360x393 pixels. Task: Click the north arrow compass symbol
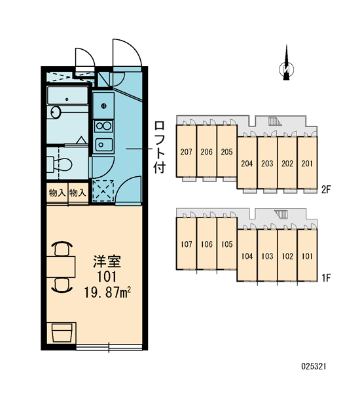(286, 67)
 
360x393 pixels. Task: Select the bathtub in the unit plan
(67, 96)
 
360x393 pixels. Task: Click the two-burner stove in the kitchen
(103, 126)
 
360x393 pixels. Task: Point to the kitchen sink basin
(103, 145)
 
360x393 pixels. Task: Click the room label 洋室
(107, 261)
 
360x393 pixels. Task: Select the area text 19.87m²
(107, 292)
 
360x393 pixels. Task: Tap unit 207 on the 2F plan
(186, 152)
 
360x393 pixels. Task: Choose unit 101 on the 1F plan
(307, 256)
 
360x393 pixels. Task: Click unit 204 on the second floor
(247, 163)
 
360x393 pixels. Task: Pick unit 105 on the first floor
(226, 244)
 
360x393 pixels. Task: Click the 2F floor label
(326, 190)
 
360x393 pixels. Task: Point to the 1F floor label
(326, 278)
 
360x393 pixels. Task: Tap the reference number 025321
(314, 366)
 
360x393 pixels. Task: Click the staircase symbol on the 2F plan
(275, 121)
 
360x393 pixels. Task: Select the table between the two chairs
(61, 267)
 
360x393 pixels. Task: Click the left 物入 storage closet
(57, 193)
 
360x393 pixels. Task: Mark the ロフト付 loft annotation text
(159, 147)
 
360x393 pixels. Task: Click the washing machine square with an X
(103, 191)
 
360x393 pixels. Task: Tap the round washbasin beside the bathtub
(56, 112)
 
